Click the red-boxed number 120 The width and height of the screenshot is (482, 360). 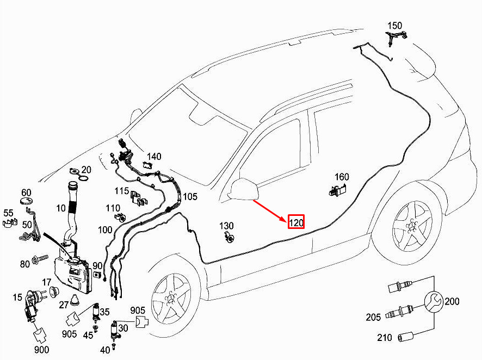tap(296, 222)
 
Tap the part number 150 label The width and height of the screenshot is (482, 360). tap(394, 26)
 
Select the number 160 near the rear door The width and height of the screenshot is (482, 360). tap(342, 177)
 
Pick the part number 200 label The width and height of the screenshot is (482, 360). tap(452, 301)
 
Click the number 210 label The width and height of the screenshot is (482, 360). tap(385, 338)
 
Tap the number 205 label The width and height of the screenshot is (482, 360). tap(373, 317)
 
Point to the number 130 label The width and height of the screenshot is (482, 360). tap(226, 226)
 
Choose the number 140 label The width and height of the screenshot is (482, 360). tap(154, 157)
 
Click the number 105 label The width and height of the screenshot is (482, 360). tap(190, 196)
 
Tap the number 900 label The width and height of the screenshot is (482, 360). tap(41, 350)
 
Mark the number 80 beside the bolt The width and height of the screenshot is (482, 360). tap(25, 264)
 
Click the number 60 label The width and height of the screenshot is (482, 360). tap(26, 193)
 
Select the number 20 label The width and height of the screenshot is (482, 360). tap(86, 170)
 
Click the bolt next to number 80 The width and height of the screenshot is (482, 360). tap(40, 259)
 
